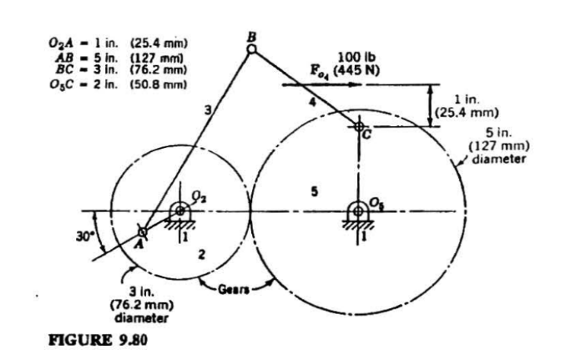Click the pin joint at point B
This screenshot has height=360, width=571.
252,49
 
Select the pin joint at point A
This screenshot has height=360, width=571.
143,232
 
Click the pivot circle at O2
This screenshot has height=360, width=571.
180,210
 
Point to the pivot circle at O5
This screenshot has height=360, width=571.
358,210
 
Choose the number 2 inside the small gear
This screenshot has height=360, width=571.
200,253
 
